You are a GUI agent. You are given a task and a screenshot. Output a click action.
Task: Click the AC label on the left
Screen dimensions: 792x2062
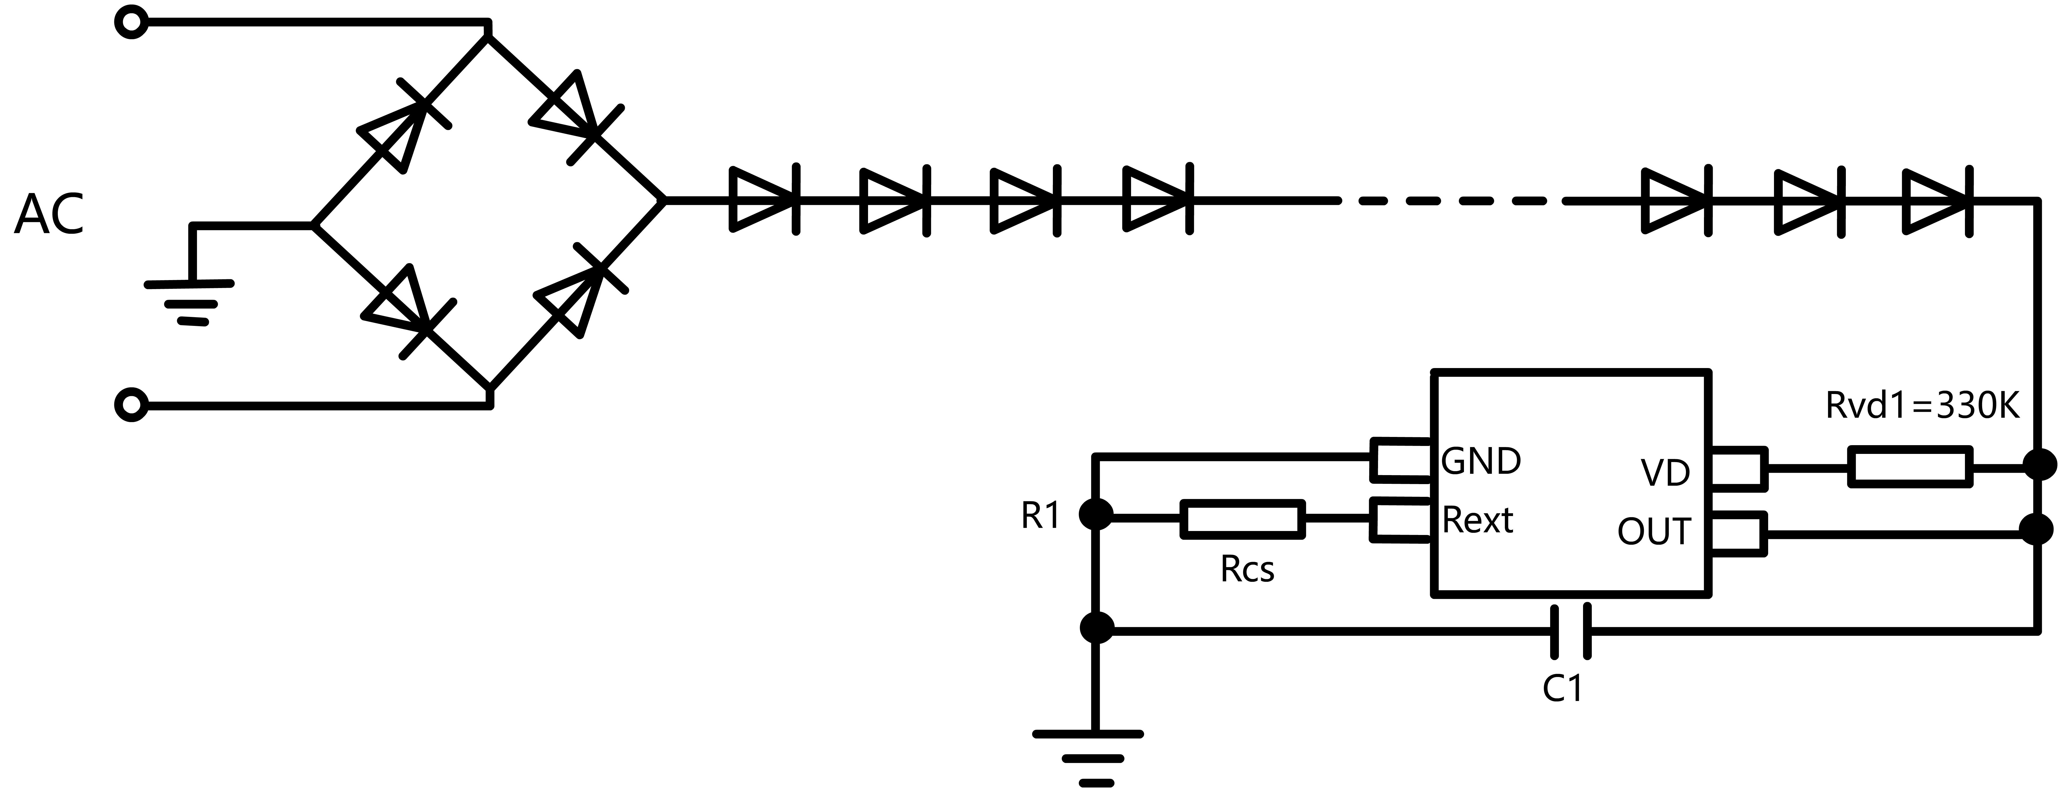point(49,214)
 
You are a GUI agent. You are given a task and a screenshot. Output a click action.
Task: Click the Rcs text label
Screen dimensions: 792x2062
point(1247,570)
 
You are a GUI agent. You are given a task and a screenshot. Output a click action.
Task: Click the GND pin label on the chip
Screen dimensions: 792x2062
point(1481,462)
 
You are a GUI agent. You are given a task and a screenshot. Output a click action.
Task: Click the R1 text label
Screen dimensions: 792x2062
point(1041,517)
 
